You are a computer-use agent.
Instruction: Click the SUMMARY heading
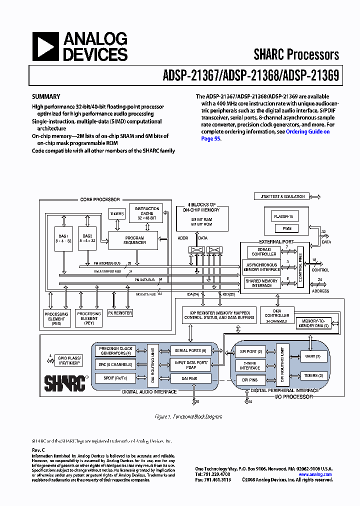46,97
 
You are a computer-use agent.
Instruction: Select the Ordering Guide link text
307,131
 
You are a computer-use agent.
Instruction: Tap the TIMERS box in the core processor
116,213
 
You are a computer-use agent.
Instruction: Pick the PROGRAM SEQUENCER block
134,240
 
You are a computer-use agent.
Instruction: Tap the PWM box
286,228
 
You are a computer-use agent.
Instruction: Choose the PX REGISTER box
120,313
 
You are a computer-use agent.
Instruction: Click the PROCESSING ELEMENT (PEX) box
56,318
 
